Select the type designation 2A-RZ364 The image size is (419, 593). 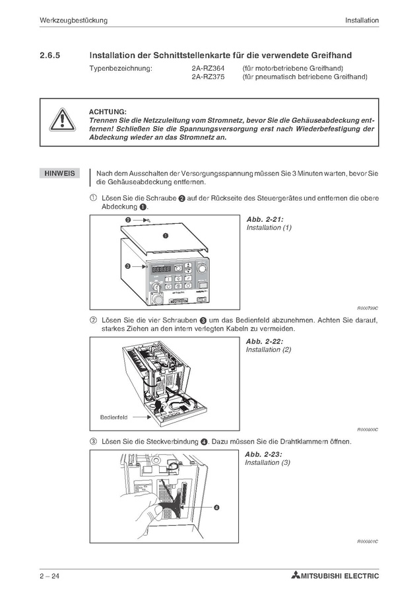pos(207,68)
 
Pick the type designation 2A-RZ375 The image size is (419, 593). pos(207,77)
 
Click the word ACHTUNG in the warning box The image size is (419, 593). pos(108,112)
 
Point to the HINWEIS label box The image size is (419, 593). pos(59,174)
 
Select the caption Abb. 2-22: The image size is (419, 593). pos(264,341)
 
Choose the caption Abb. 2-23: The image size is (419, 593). pos(263,454)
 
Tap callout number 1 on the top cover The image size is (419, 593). pos(165,236)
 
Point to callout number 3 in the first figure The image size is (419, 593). pos(127,266)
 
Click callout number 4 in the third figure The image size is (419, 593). pos(216,507)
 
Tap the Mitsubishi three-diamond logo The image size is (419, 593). pos(294,576)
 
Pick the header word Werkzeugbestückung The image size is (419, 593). pos(73,20)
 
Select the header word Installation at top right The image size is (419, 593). pos(362,20)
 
